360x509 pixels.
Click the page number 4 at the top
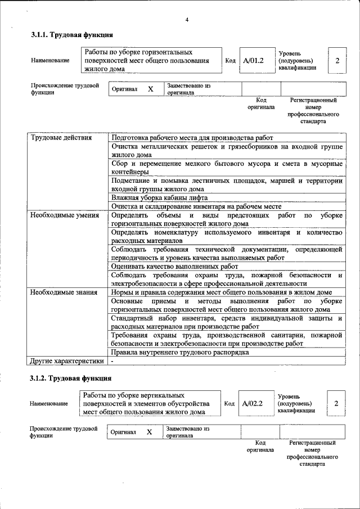click(x=187, y=20)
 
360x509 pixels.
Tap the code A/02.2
click(x=253, y=403)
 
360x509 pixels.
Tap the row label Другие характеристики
click(x=67, y=361)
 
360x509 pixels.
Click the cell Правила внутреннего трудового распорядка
click(x=180, y=353)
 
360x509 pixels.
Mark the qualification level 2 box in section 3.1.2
click(x=336, y=403)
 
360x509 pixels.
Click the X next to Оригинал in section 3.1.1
click(x=150, y=89)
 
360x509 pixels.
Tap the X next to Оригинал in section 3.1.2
click(x=150, y=432)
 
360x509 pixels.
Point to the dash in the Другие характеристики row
click(x=112, y=361)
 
